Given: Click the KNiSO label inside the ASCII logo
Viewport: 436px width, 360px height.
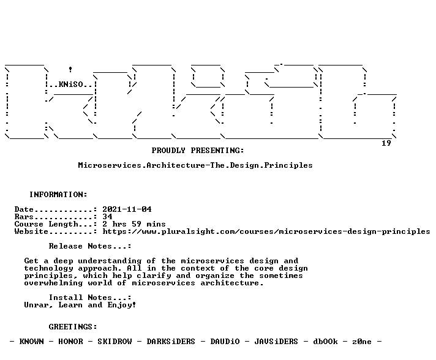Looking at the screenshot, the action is (x=70, y=84).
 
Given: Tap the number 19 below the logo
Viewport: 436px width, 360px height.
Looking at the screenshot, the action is (x=386, y=143).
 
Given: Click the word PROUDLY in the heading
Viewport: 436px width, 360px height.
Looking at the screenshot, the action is (x=168, y=151).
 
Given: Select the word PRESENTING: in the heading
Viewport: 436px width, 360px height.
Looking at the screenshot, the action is (x=217, y=151).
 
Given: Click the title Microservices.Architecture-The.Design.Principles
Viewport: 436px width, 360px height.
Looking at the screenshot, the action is (x=195, y=165).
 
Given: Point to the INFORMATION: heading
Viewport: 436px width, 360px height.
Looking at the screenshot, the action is (x=58, y=194).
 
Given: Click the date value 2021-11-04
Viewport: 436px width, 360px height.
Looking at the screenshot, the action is (x=127, y=209).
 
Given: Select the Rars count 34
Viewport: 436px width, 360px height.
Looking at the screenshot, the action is (x=107, y=217).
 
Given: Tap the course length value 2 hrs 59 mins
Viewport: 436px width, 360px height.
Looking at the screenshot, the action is (x=134, y=224).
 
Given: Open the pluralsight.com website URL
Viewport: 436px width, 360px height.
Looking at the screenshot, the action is (x=266, y=231).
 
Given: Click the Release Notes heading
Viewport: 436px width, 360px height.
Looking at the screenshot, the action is (x=90, y=246).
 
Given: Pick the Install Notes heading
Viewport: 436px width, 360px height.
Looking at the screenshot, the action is (x=90, y=298).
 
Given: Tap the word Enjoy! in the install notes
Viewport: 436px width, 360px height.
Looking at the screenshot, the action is (x=122, y=305).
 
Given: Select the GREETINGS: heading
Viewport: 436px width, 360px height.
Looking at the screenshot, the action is (x=73, y=327).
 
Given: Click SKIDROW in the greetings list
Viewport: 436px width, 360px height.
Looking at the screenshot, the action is (x=115, y=342).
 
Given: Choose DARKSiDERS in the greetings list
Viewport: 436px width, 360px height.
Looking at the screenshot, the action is (x=171, y=342).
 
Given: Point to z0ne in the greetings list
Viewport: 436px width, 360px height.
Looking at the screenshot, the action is (x=362, y=342).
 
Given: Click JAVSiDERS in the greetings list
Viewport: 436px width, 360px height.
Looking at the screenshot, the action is (x=276, y=342).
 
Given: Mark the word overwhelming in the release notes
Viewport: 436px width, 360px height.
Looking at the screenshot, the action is (x=53, y=283).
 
